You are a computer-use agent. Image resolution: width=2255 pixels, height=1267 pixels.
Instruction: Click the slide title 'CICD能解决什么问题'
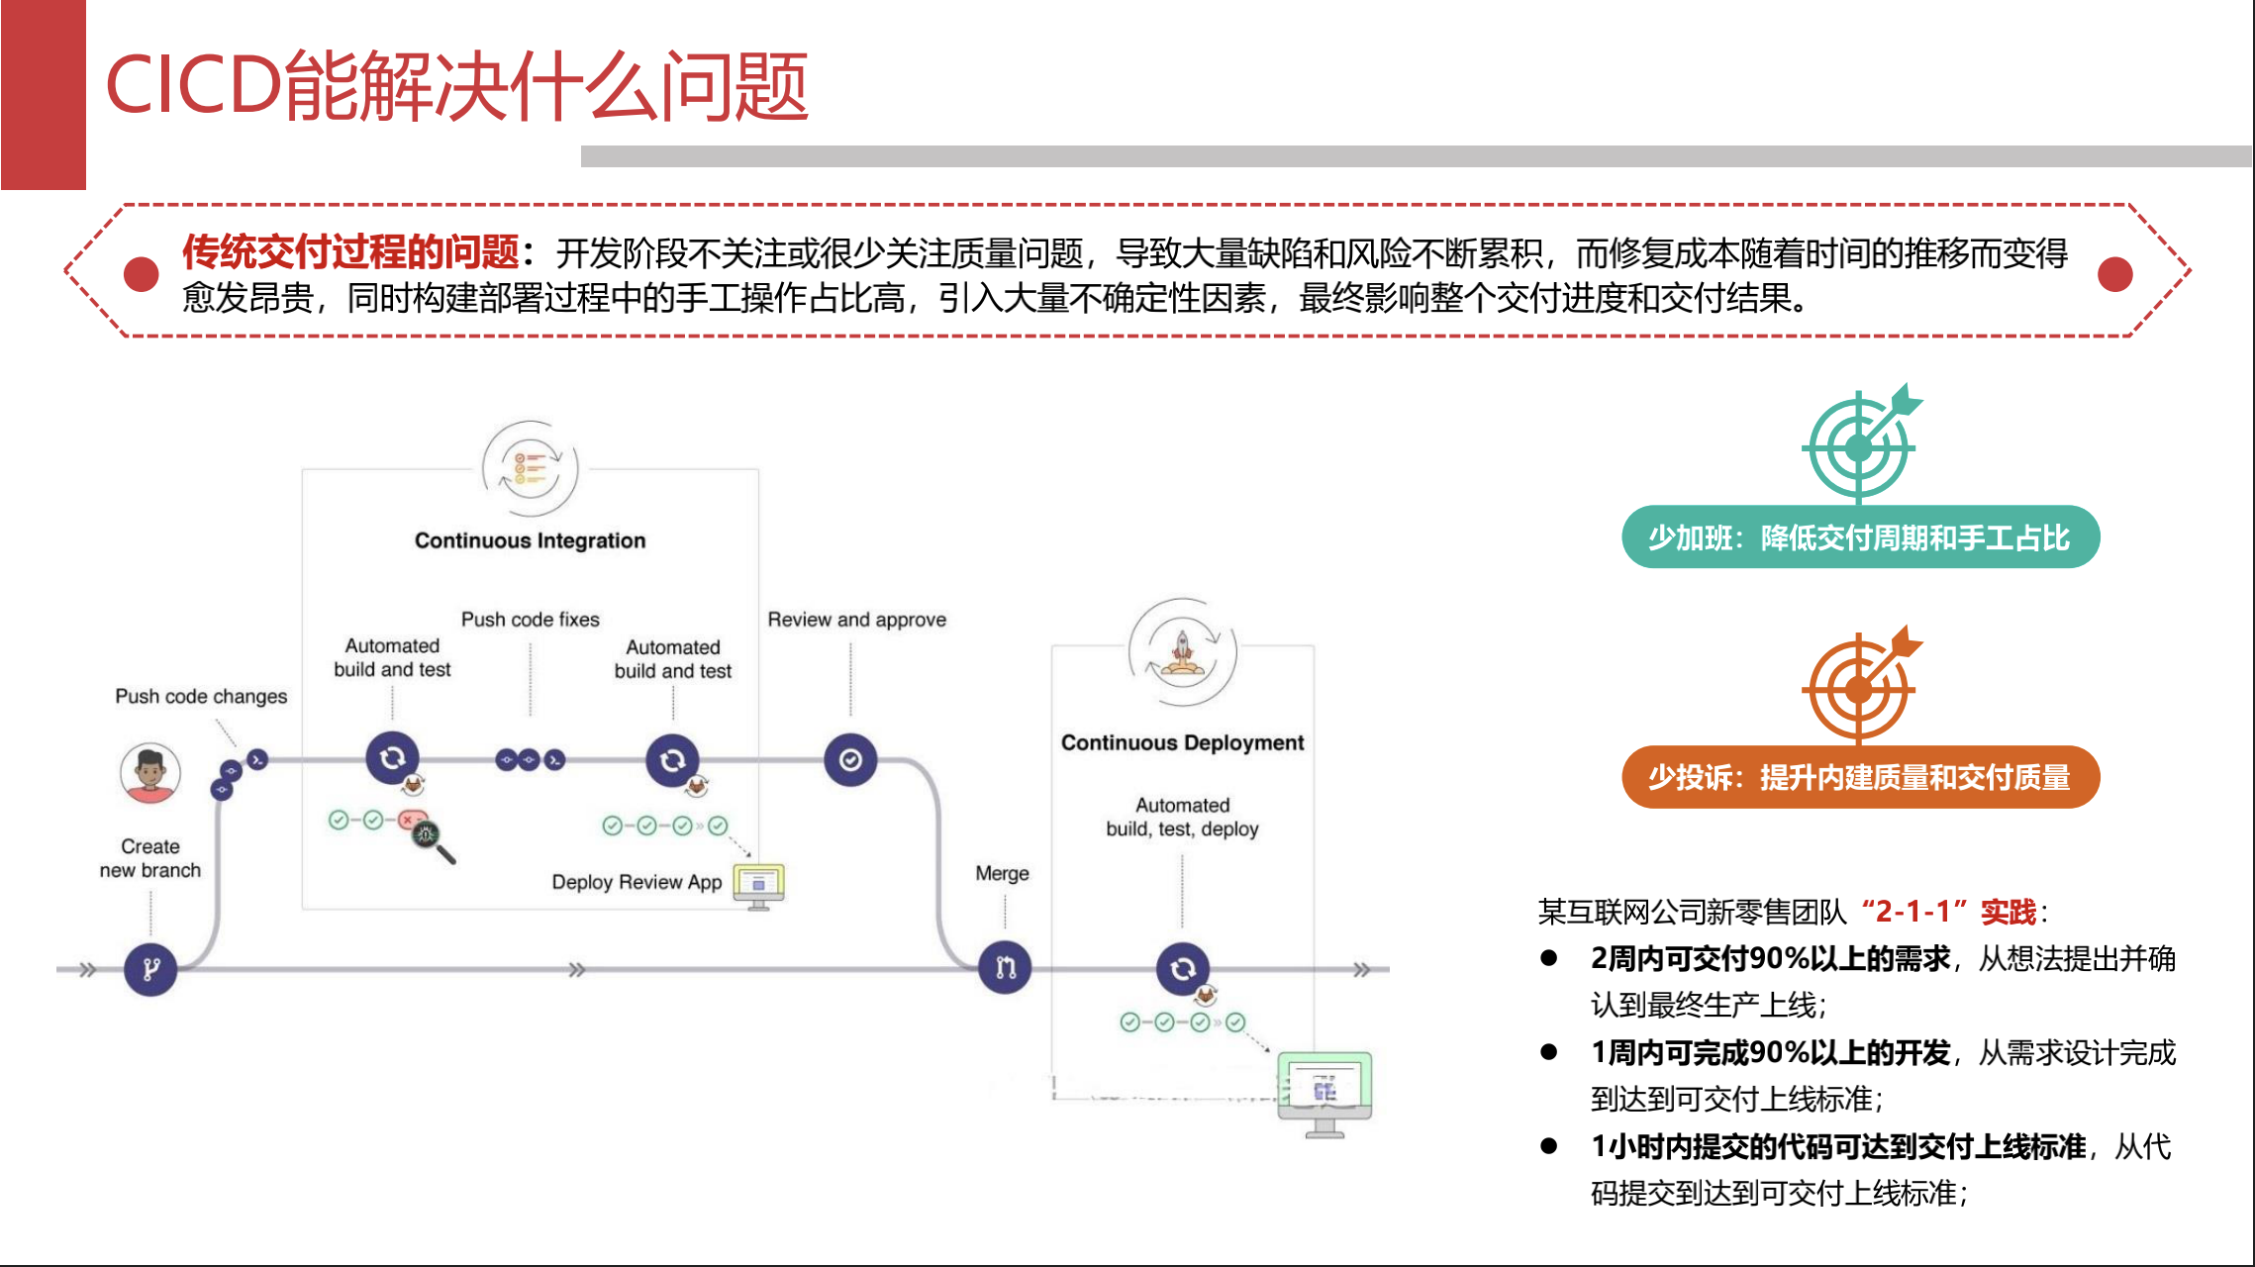click(456, 87)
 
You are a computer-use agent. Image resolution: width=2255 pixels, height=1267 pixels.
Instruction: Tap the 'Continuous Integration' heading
click(530, 540)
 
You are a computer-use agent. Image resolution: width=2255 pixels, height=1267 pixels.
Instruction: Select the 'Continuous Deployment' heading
click(1182, 742)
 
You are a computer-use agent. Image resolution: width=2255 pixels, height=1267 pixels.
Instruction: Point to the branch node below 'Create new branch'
click(150, 968)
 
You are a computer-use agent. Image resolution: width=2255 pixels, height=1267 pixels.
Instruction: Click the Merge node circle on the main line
click(1005, 967)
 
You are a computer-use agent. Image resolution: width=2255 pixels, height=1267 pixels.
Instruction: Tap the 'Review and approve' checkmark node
click(850, 760)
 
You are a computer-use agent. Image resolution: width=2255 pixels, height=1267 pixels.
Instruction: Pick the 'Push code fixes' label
click(530, 620)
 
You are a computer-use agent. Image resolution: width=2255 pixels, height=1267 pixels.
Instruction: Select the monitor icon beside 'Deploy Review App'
click(758, 884)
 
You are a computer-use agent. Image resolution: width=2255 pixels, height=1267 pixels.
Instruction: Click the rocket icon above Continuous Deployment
click(1182, 650)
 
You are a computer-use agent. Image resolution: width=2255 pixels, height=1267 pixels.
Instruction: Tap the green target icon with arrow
click(1860, 445)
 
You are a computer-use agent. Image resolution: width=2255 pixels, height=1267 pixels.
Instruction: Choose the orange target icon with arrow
click(1860, 687)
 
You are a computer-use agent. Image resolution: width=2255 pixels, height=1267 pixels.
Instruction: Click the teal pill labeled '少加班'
click(1860, 537)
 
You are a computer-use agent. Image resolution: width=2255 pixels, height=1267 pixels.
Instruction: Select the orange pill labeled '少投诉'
click(1860, 777)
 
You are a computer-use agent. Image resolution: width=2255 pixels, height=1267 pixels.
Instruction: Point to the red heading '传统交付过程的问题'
click(350, 252)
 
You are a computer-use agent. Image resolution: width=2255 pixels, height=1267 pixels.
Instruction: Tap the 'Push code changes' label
click(201, 697)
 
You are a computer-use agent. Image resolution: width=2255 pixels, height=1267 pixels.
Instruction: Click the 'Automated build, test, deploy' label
click(1182, 818)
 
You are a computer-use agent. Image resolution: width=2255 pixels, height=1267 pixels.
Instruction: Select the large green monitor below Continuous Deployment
click(1324, 1091)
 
